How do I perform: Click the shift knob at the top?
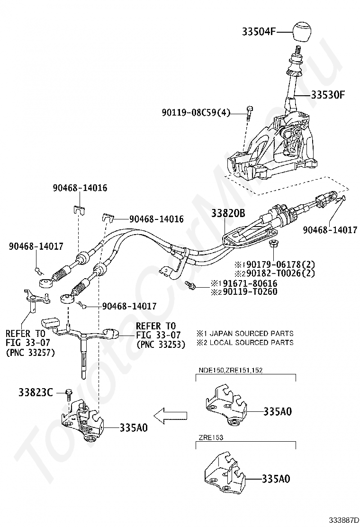tap(303, 32)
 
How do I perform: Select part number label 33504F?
tap(259, 32)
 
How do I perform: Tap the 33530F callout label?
tap(327, 95)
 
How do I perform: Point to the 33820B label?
tap(228, 213)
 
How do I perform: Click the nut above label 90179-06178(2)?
tap(273, 245)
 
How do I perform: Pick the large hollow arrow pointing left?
tap(170, 415)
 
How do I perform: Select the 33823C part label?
tap(36, 392)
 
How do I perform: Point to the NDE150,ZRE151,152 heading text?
tap(231, 371)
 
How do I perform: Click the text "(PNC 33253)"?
tap(161, 345)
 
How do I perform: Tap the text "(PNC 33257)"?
tap(31, 352)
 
